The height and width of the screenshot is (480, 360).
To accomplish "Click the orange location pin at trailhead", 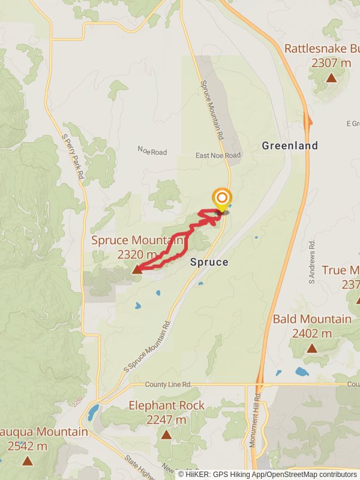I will point(222,199).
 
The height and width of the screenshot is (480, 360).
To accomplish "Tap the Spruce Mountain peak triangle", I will point(137,270).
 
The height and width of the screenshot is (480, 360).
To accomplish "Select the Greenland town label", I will point(290,146).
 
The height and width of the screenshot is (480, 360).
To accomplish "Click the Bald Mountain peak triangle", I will point(312,348).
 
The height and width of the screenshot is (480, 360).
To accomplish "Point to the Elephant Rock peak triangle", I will point(166,434).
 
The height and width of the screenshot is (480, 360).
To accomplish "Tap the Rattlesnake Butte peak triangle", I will point(331,77).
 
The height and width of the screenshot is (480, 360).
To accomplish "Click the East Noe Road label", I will point(218,155).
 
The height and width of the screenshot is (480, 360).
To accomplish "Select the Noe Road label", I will point(152,151).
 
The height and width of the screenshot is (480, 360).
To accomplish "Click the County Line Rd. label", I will point(168,384).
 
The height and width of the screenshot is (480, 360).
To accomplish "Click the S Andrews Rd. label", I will point(312,262).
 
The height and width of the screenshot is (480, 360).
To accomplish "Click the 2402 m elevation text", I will point(312,333).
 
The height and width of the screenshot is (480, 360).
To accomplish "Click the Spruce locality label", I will point(209,262).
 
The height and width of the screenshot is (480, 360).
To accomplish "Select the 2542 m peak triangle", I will point(27,461).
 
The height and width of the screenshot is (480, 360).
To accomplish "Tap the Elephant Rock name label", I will point(166,406).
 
